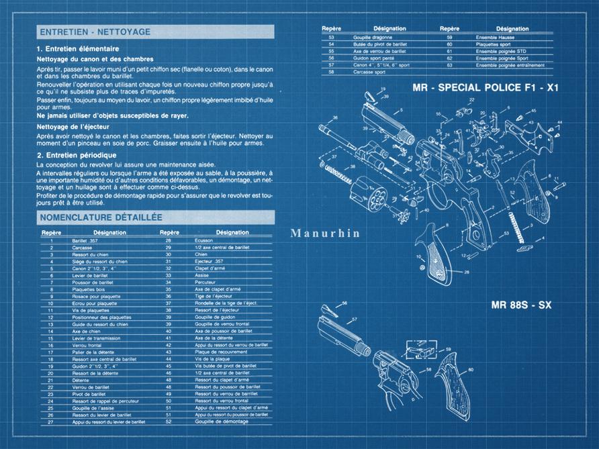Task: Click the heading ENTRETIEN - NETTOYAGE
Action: (x=95, y=32)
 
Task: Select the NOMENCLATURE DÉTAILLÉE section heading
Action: (x=101, y=217)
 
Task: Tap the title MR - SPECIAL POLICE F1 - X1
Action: (x=486, y=88)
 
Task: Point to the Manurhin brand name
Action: (x=326, y=234)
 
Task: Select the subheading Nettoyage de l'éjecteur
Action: (x=73, y=126)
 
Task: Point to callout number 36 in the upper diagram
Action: (x=334, y=119)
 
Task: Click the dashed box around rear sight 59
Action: (x=419, y=350)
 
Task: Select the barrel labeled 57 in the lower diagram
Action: (x=342, y=336)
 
